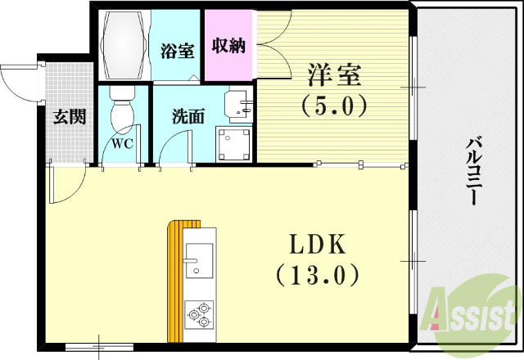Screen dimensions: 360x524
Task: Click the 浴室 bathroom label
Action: (178, 50)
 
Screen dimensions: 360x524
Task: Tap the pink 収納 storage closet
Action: (228, 46)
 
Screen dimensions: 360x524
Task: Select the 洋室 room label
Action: (334, 75)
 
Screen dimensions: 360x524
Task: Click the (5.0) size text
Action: (334, 105)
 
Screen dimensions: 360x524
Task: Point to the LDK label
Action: (316, 245)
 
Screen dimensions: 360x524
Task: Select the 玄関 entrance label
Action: (70, 117)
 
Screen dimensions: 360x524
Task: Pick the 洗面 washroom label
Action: (187, 117)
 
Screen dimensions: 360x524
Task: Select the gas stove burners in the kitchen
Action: (199, 314)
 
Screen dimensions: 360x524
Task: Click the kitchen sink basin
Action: (199, 261)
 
